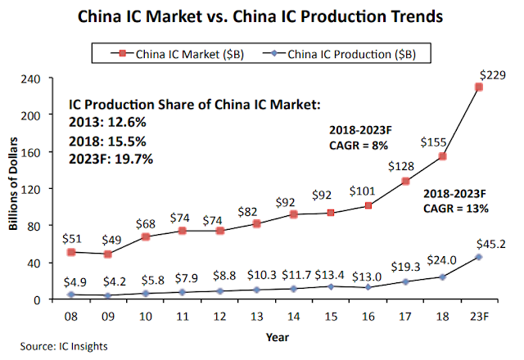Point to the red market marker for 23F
pyautogui.click(x=479, y=87)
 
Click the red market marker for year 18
pyautogui.click(x=442, y=156)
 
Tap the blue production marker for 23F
pyautogui.click(x=479, y=257)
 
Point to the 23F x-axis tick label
pyautogui.click(x=479, y=315)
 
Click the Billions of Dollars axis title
pyautogui.click(x=16, y=188)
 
